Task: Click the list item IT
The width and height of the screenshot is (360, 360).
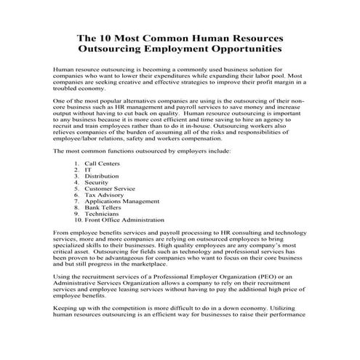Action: point(88,171)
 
